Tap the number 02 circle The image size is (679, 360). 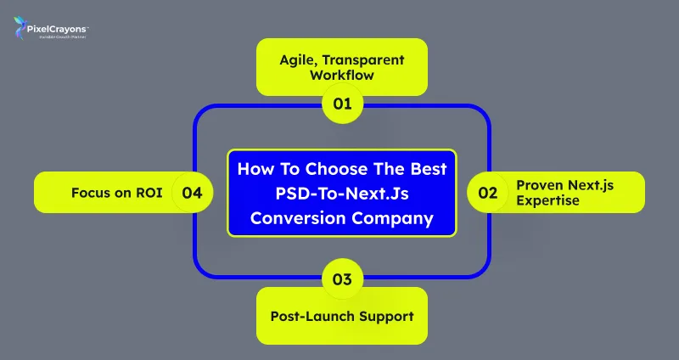487,193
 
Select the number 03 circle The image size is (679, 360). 342,278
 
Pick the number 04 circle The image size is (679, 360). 192,193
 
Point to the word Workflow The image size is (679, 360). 341,76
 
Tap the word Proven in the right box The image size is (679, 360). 538,184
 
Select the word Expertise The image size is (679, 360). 547,200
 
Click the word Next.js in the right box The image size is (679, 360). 588,184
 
